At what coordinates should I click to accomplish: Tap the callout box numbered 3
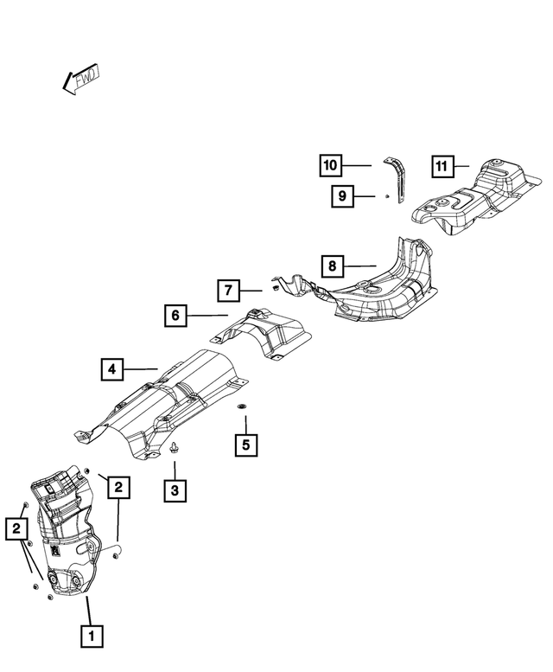click(x=175, y=490)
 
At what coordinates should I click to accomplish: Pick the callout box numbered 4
click(x=112, y=370)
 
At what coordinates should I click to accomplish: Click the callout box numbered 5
click(x=245, y=445)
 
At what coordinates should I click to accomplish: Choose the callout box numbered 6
click(x=175, y=317)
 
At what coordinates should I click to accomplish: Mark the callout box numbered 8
click(x=333, y=265)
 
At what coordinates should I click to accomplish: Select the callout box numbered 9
click(x=342, y=197)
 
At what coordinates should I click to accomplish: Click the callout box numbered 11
click(x=442, y=164)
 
